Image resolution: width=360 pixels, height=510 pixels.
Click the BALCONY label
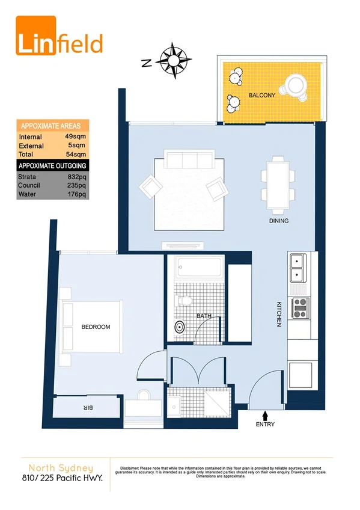[262, 96]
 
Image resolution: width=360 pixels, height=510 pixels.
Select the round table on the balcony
[296, 85]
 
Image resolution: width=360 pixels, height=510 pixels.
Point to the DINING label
[279, 221]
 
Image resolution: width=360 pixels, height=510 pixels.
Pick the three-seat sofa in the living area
[189, 160]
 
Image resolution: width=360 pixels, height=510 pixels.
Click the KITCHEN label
[279, 314]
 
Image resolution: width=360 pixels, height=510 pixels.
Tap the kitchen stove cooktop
[299, 308]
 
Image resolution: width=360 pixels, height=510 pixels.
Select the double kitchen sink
[299, 268]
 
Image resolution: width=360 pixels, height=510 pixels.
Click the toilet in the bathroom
[185, 300]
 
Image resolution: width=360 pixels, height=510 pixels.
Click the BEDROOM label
[96, 327]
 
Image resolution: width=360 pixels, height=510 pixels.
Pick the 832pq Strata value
[78, 177]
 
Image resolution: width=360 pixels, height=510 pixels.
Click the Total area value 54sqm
[76, 155]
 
